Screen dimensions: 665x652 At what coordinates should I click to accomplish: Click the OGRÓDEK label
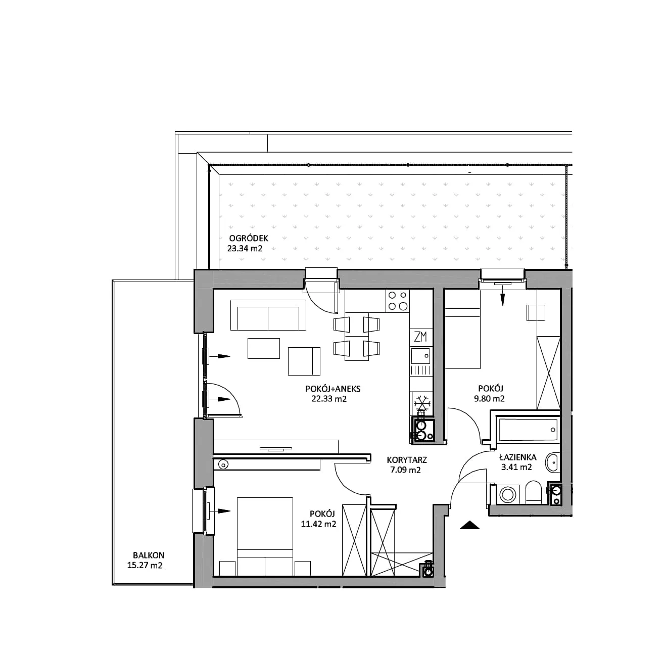[249, 238]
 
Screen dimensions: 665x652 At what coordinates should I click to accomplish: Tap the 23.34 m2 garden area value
[245, 248]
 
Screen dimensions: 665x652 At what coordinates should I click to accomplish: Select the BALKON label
[149, 555]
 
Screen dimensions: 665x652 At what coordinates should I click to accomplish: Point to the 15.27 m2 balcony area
[145, 566]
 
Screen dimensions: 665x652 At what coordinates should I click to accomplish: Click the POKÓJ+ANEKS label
[332, 389]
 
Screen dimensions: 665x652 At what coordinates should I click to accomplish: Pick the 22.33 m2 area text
[329, 399]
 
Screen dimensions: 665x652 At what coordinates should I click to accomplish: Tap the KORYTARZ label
[407, 460]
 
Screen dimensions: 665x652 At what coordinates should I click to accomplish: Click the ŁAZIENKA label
[518, 457]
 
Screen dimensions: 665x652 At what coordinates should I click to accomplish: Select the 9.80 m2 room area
[489, 398]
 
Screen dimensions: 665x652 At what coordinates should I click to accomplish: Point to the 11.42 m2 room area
[318, 524]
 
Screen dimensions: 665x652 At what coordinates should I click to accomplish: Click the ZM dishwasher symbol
[420, 337]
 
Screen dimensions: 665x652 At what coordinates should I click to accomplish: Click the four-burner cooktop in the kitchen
[398, 300]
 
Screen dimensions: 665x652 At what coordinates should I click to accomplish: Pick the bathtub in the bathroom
[528, 430]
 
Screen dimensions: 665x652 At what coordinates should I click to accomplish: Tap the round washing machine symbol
[507, 495]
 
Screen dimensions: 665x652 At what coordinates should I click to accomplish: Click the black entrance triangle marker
[469, 525]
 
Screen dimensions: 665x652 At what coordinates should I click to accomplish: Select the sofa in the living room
[268, 315]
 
